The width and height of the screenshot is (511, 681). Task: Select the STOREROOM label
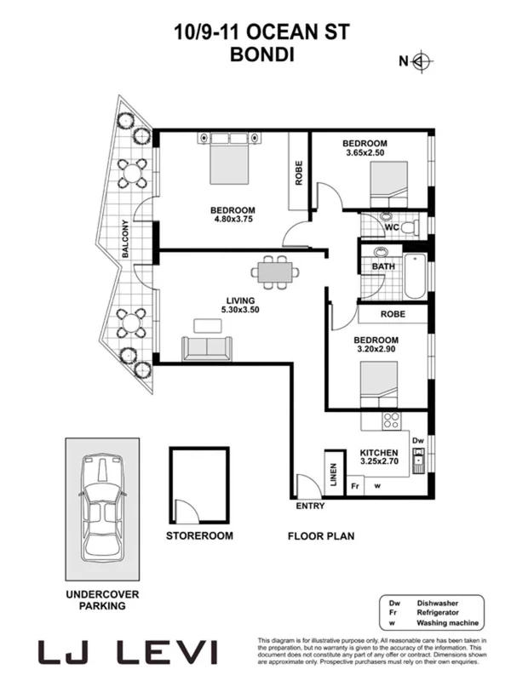(x=199, y=536)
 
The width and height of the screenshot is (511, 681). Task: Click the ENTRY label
(x=310, y=506)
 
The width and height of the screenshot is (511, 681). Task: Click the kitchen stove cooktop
(x=392, y=420)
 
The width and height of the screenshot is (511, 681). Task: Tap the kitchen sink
(x=418, y=463)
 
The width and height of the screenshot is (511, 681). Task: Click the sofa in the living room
(x=206, y=347)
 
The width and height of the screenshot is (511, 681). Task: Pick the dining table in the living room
(x=276, y=272)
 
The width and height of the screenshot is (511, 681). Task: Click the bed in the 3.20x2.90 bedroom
(x=383, y=386)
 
